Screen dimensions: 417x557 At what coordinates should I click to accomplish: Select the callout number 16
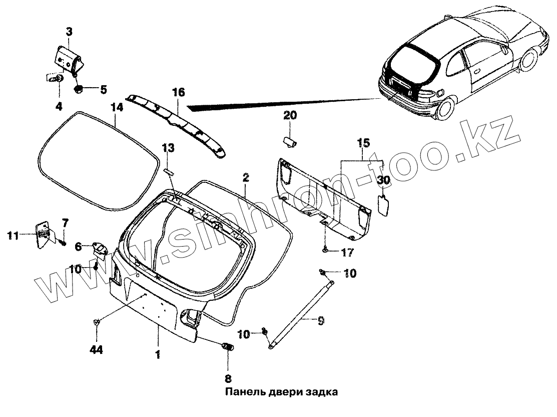click(x=178, y=92)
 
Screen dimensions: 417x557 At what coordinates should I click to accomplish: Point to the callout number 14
click(x=117, y=107)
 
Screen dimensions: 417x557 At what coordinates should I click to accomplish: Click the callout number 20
click(x=290, y=116)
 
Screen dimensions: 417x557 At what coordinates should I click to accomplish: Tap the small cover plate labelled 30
click(x=383, y=204)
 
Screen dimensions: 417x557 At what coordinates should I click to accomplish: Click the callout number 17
click(x=347, y=252)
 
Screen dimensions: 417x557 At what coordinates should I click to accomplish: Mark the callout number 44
click(x=96, y=350)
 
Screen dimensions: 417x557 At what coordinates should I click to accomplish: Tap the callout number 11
click(x=13, y=234)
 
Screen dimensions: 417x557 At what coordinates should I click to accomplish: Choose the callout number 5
click(x=103, y=90)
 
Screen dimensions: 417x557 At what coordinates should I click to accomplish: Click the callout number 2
click(x=246, y=177)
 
